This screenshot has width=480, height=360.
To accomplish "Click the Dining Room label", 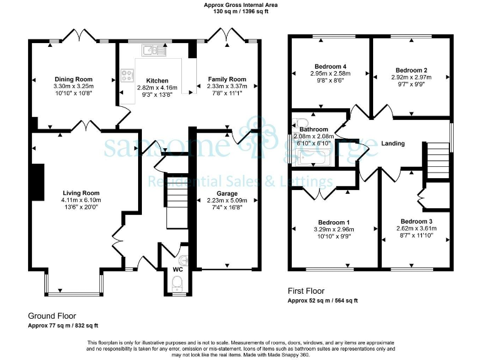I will tap(73, 79).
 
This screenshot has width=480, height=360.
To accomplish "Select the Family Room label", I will tap(226, 79).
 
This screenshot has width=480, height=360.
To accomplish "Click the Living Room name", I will tap(81, 193).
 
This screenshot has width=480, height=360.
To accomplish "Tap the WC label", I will tap(177, 270).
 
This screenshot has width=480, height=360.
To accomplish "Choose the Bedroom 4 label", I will tap(331, 66).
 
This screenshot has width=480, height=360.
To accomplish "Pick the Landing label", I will tap(392, 144).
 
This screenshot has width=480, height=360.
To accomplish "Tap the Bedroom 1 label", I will tap(334, 222).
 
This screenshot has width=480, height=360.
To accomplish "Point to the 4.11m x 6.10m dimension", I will tap(81, 200).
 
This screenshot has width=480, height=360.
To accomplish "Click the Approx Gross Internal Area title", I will tap(241, 4).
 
